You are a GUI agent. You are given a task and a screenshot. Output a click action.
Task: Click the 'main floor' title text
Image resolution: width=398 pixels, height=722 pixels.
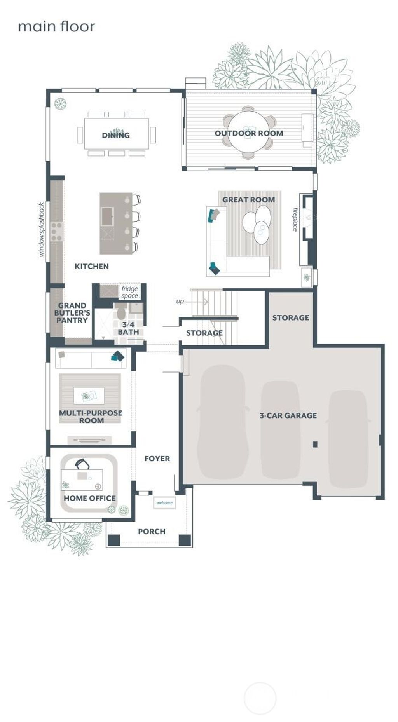56,26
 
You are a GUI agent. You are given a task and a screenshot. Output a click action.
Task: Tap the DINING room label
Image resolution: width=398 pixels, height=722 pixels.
116,135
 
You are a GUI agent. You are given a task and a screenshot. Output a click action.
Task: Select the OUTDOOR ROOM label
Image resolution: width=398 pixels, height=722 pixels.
249,133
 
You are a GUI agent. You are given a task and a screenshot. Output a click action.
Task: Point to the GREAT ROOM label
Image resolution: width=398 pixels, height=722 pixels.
248,199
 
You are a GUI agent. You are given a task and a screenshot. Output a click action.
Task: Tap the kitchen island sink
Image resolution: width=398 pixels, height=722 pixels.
107,216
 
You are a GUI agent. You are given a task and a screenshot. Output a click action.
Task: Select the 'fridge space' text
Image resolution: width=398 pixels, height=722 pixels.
129,292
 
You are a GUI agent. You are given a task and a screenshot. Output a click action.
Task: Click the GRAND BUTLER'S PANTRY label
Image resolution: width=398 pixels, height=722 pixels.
72,313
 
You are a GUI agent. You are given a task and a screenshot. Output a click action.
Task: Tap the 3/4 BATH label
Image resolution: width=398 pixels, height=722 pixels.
128,328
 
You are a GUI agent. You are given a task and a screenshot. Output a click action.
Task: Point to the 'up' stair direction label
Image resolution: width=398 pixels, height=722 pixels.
180,302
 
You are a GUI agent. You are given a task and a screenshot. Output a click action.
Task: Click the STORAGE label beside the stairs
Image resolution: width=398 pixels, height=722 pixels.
204,333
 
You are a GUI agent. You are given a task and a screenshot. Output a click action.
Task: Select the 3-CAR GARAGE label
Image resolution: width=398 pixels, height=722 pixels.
288,415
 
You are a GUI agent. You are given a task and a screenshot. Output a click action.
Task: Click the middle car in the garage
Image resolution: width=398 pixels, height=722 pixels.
280,429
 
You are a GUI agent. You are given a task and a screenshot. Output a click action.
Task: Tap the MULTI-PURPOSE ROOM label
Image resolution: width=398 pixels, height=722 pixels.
91,417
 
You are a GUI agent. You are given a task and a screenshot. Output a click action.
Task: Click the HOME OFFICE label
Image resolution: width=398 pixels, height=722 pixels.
89,498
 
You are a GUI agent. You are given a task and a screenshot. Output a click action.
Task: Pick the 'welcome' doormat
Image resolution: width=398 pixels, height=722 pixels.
164,503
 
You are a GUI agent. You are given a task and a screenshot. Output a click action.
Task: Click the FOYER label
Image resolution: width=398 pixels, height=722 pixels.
157,459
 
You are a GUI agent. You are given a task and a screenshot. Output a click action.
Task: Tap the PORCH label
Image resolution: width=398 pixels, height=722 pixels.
152,531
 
